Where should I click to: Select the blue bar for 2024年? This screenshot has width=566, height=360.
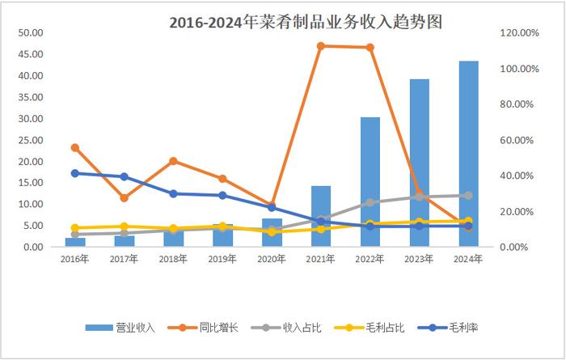pos(468,154)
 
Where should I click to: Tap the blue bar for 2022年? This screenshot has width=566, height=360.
pos(370,182)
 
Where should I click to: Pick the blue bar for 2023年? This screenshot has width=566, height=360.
pos(419,163)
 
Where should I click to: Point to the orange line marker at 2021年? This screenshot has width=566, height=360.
pos(321,45)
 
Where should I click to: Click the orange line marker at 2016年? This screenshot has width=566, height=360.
pos(75,148)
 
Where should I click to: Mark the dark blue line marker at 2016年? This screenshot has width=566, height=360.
pos(75,173)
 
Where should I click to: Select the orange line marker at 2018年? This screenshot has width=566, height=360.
pos(173,161)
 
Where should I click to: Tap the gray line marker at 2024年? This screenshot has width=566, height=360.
pos(468,195)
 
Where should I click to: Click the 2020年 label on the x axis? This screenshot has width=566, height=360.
pos(272,259)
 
